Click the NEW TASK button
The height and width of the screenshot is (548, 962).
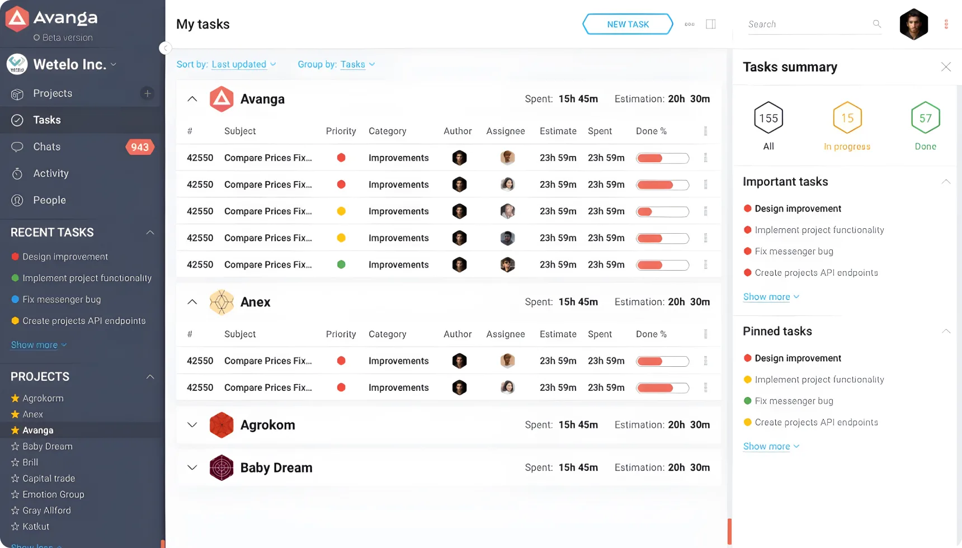628,24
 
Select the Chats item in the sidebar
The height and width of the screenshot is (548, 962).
46,147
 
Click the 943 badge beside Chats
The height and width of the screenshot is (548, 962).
140,147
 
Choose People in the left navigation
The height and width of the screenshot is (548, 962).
49,200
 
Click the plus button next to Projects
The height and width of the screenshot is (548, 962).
147,93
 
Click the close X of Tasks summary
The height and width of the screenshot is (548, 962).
946,67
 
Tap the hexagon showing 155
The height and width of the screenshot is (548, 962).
768,117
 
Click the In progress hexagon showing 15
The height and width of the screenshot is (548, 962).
847,117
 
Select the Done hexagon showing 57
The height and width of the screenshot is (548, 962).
926,117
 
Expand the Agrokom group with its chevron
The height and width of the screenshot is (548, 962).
192,425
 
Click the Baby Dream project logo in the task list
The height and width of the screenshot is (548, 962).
221,467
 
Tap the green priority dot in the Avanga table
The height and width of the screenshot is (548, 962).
341,264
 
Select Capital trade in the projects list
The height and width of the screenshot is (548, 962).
49,478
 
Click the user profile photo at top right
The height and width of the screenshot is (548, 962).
914,24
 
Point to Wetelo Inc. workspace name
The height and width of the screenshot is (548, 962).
69,64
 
